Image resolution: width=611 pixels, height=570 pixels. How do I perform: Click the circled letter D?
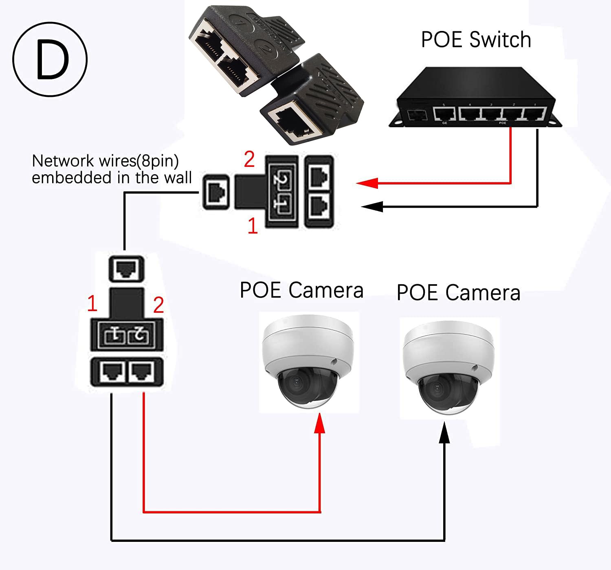50,59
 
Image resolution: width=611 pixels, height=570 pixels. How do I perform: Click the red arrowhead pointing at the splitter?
367,183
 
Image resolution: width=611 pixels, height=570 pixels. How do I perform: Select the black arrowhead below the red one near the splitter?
371,206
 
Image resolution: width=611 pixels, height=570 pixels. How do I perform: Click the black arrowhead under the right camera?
444,432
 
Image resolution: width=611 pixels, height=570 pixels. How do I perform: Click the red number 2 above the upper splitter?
249,159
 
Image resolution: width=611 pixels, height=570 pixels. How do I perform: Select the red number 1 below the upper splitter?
253,226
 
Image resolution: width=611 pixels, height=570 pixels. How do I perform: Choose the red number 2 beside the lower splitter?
158,305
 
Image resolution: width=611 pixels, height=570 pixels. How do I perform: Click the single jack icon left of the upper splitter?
216,192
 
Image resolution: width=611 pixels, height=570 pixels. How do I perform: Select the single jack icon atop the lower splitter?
126,269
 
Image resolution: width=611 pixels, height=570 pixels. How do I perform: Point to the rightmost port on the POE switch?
534,114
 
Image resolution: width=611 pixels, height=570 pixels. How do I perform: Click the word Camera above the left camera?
326,290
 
